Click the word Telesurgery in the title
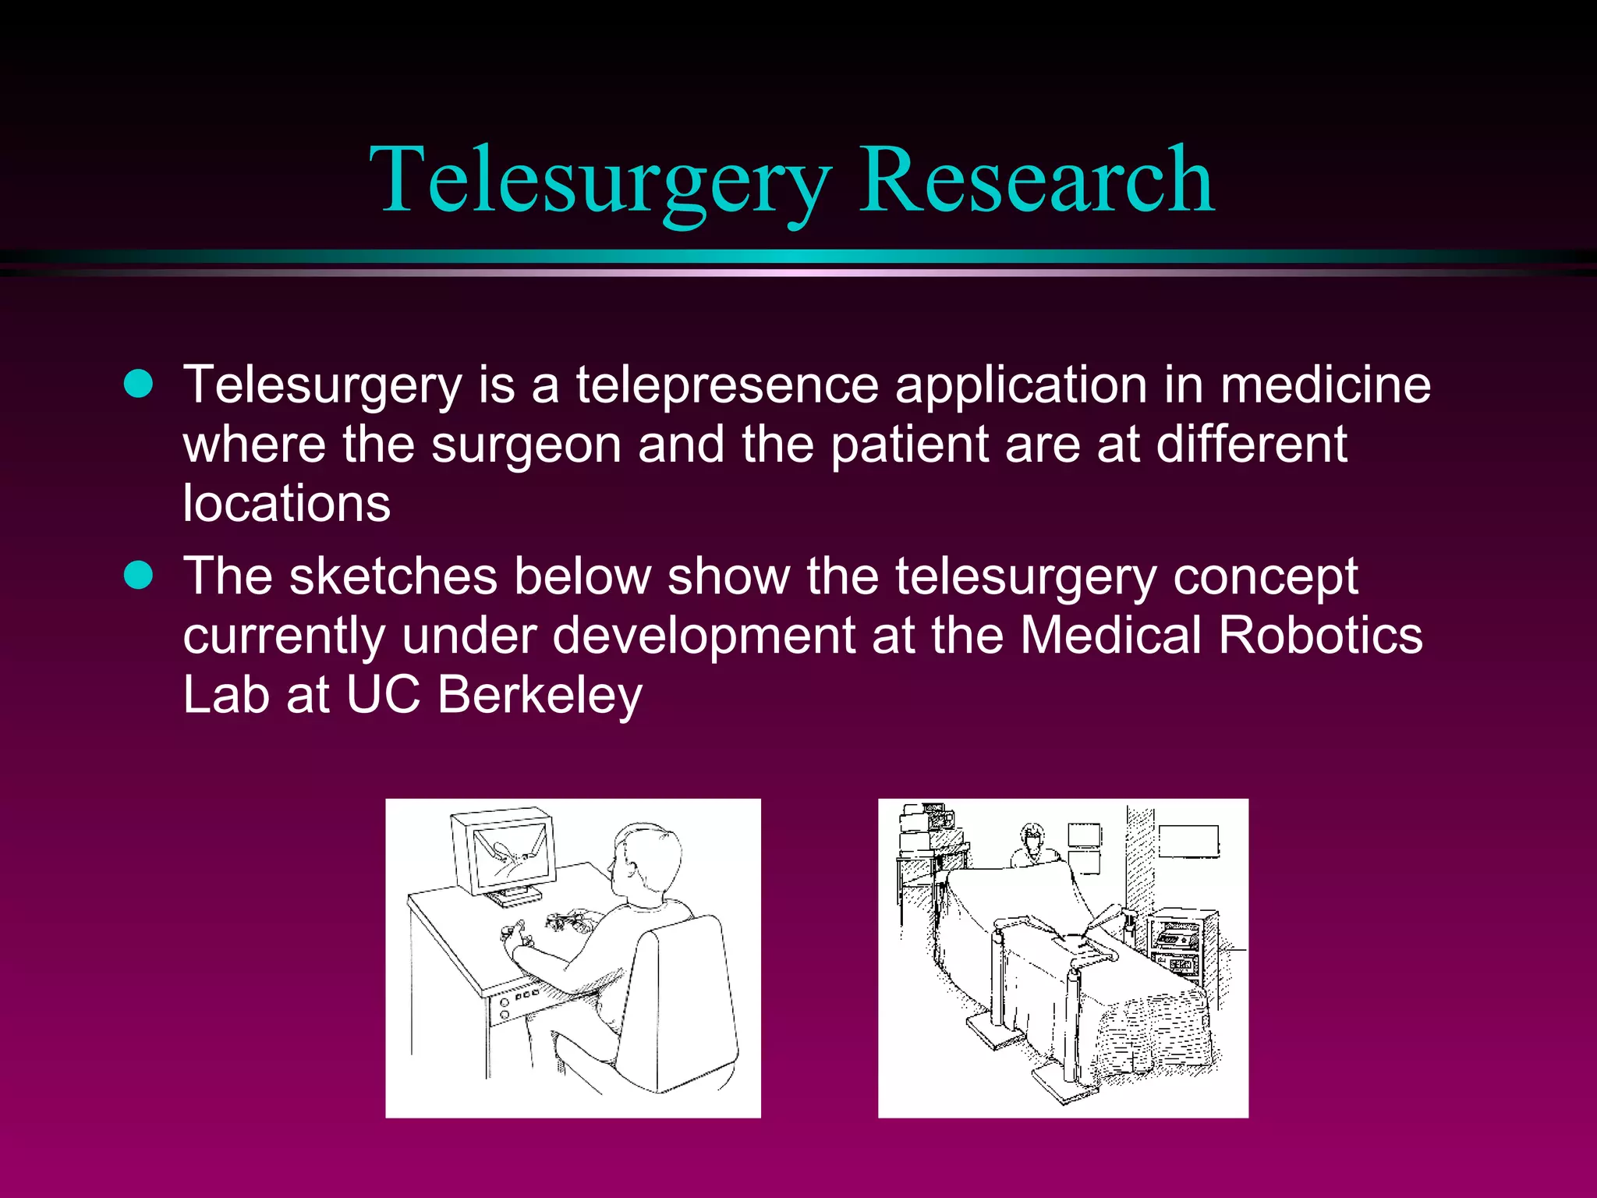600,181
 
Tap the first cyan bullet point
139,384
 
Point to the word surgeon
526,445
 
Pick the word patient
909,445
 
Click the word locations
286,504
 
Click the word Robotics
1319,635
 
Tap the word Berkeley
540,694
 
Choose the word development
703,635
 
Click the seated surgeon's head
646,861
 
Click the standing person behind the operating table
1033,846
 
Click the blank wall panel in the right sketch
1188,842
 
